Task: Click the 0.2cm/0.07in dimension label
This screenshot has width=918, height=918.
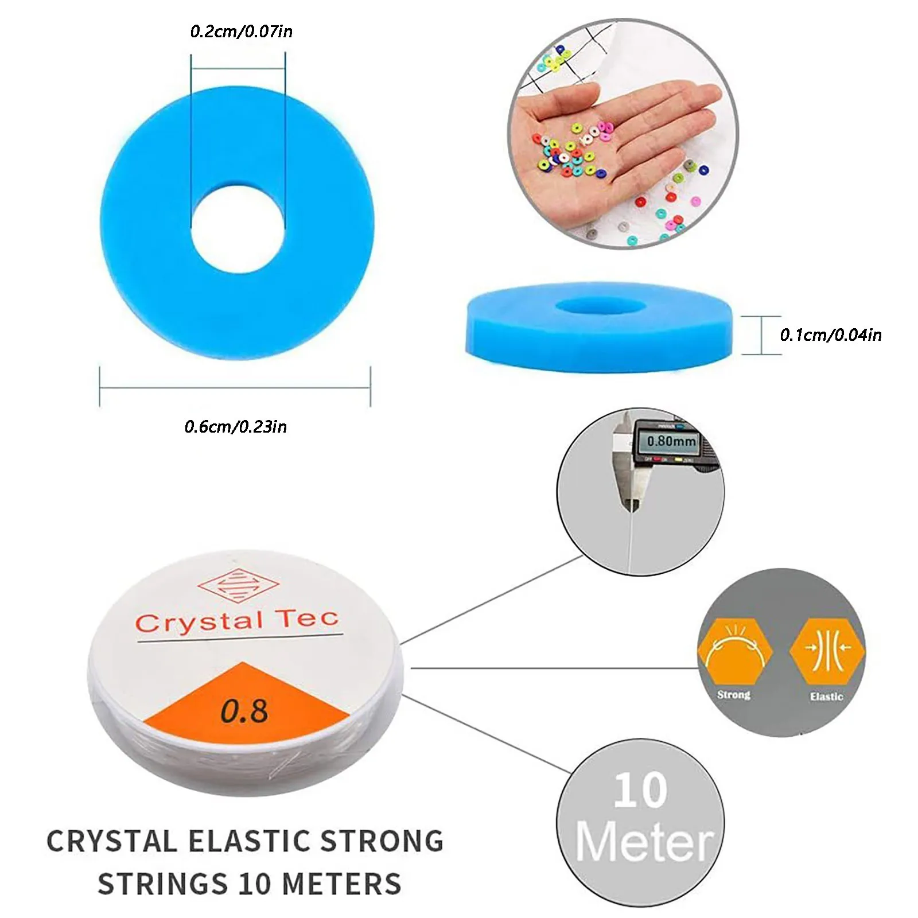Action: coord(241,31)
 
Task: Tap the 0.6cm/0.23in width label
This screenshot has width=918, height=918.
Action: coord(235,426)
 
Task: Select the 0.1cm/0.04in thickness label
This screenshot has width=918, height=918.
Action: coord(830,334)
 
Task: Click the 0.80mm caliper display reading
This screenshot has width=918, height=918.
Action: coord(671,441)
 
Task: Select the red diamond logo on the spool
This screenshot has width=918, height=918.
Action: coord(238,585)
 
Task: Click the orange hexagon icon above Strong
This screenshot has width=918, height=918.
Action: coord(734,653)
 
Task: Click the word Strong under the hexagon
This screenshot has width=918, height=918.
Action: coord(733,695)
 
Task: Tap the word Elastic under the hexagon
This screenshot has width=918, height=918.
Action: coord(826,696)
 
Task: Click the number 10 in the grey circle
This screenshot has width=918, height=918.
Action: coord(640,791)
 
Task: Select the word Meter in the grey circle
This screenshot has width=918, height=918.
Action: coord(644,842)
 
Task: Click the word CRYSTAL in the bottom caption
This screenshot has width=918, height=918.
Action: coord(112,842)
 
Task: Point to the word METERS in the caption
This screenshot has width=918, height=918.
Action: coord(342,884)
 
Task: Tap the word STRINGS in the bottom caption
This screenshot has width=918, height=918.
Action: coord(162,884)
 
